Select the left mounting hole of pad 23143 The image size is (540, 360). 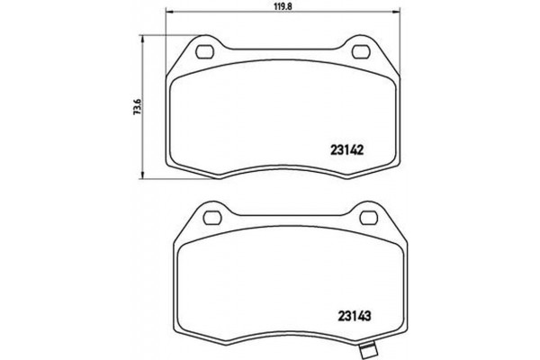(x=213, y=216)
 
